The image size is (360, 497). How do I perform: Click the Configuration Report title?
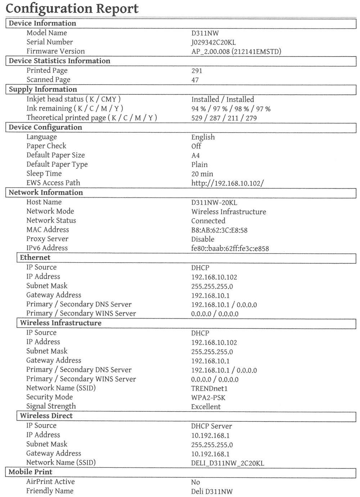[x=72, y=8]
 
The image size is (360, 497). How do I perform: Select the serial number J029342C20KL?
[x=213, y=42]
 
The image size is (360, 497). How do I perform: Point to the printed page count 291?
[x=197, y=71]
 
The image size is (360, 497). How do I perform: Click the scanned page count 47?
[x=195, y=80]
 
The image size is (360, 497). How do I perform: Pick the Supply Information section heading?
[x=43, y=89]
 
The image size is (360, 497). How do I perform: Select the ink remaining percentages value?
[x=231, y=109]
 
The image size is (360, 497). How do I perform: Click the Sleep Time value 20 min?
[x=202, y=174]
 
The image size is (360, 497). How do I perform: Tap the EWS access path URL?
[x=227, y=183]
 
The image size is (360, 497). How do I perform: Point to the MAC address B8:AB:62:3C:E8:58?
[x=219, y=230]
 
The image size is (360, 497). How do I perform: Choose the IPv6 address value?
[x=230, y=248]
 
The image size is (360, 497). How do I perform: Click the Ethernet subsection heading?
[x=35, y=258]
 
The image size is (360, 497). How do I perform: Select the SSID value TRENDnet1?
[x=209, y=389]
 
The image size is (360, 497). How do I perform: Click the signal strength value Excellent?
[x=206, y=407]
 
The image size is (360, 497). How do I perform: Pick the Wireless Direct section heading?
[x=46, y=416]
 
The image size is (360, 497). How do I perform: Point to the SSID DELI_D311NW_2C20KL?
[x=228, y=463]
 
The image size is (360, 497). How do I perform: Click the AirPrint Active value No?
[x=195, y=482]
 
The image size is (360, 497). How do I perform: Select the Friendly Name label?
[x=50, y=491]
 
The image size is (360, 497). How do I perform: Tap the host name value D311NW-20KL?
[x=214, y=203]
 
